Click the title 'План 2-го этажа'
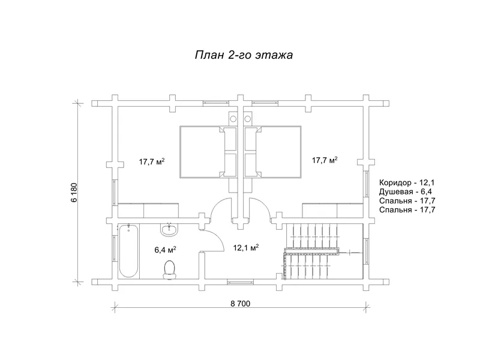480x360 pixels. [x=243, y=55]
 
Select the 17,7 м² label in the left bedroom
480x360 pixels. [x=152, y=161]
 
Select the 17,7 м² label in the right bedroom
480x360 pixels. [x=325, y=160]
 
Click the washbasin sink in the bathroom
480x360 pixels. [x=169, y=229]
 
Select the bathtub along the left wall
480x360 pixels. [x=128, y=250]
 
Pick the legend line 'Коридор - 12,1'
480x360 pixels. [x=407, y=182]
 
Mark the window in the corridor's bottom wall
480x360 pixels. [x=239, y=280]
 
